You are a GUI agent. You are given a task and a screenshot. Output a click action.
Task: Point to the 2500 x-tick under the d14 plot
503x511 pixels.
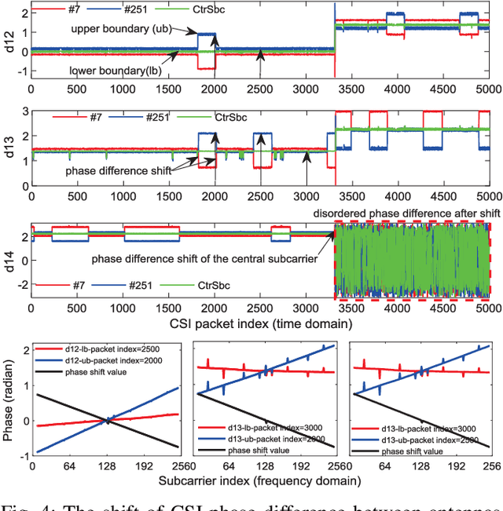(x=262, y=308)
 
